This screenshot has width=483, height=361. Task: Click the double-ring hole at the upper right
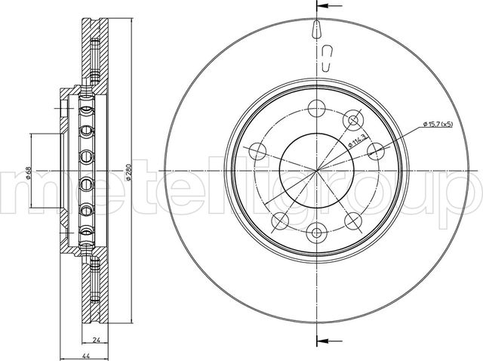[351, 119]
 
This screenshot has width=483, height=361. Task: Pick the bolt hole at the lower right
[352, 218]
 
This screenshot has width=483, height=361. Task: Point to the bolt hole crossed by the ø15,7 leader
[374, 151]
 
